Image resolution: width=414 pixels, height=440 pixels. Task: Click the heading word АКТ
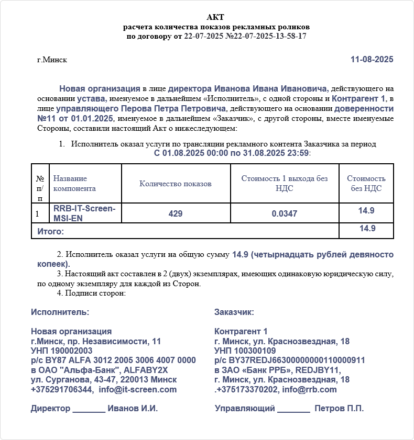pyautogui.click(x=215, y=17)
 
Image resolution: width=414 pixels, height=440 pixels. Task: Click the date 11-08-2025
pyautogui.click(x=372, y=60)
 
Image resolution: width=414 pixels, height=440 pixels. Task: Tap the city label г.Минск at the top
pyautogui.click(x=52, y=60)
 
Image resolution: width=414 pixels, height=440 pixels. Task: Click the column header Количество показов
pyautogui.click(x=176, y=184)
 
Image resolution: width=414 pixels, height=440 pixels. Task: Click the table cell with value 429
pyautogui.click(x=176, y=213)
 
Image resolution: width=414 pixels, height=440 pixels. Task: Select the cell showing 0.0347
pyautogui.click(x=285, y=213)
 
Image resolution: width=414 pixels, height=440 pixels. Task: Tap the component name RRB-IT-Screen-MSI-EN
pyautogui.click(x=84, y=213)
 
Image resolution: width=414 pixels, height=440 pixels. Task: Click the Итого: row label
pyautogui.click(x=50, y=231)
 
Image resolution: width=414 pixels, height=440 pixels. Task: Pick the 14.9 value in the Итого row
pyautogui.click(x=366, y=229)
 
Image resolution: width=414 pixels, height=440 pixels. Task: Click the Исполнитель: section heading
pyautogui.click(x=60, y=312)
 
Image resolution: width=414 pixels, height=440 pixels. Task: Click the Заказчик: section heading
pyautogui.click(x=234, y=312)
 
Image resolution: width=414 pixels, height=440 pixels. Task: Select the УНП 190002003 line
pyautogui.click(x=61, y=351)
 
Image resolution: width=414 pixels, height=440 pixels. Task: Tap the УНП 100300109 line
pyautogui.click(x=245, y=351)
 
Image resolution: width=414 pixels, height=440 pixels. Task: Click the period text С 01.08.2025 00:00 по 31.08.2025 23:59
pyautogui.click(x=232, y=153)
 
